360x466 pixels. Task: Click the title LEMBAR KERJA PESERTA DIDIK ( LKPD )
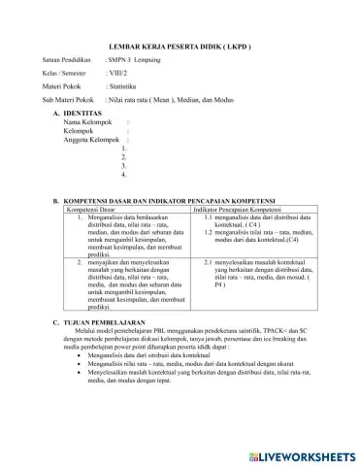coord(181,48)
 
